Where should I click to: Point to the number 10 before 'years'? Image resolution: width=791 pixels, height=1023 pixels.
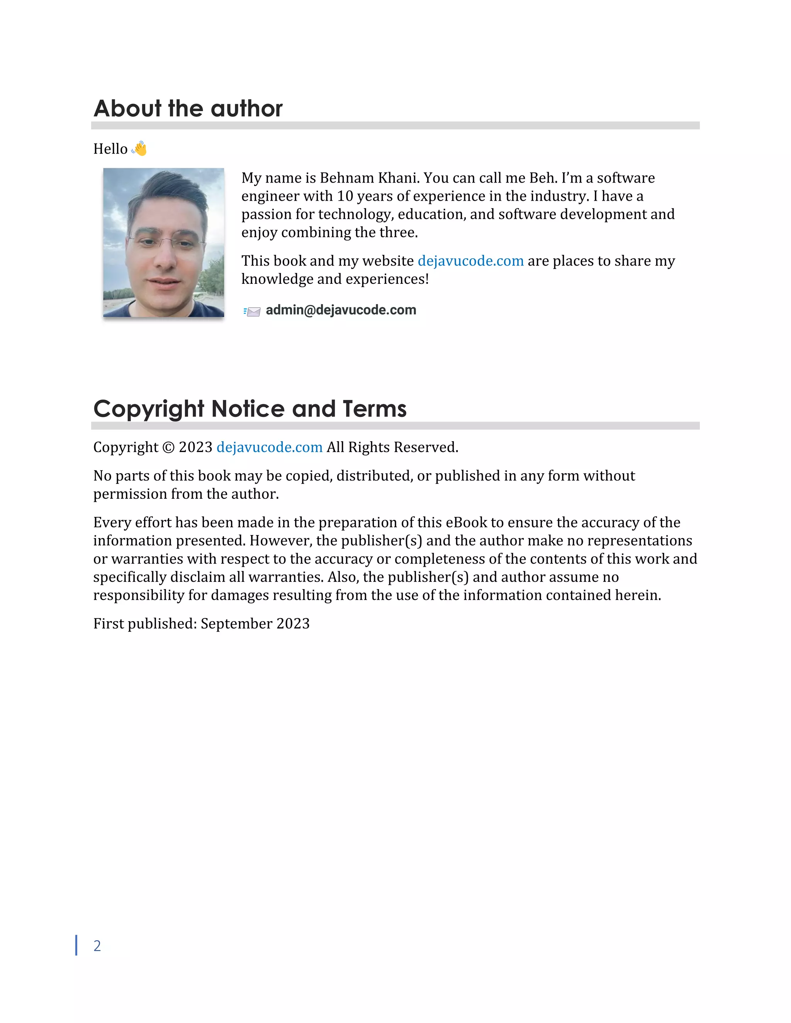coord(345,196)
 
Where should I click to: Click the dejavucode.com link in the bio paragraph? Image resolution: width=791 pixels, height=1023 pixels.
coord(470,261)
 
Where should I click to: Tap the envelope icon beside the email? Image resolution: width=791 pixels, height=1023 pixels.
coord(252,312)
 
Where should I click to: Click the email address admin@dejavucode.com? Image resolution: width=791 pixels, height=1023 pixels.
coord(341,310)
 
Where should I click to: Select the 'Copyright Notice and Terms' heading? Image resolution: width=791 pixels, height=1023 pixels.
coord(250,408)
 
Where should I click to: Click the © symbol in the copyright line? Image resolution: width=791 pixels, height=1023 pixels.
coord(168,447)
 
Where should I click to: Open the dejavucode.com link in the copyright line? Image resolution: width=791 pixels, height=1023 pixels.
coord(270,447)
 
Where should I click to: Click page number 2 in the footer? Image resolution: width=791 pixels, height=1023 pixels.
coord(97,946)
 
